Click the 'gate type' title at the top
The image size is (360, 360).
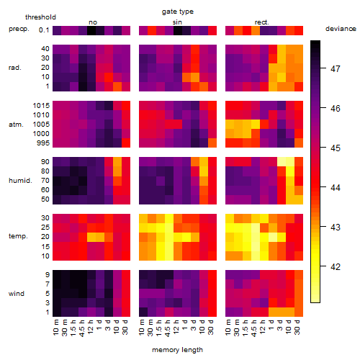tap(178, 12)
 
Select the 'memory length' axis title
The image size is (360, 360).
tap(177, 350)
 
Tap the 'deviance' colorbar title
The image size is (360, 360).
tap(341, 29)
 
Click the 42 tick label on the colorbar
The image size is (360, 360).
tap(336, 266)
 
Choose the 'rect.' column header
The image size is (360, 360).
tap(262, 22)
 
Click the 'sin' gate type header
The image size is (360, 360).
tap(177, 22)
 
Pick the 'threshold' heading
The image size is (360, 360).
tap(40, 17)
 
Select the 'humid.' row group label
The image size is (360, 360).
tap(20, 181)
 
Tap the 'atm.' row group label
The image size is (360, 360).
tap(16, 125)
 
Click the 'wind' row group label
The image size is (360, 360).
tap(17, 294)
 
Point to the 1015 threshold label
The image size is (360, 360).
tap(41, 106)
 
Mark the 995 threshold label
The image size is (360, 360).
tap(43, 143)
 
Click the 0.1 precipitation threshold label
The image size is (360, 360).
tap(44, 30)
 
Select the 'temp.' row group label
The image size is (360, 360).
tap(18, 236)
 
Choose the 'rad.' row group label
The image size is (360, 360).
tap(15, 68)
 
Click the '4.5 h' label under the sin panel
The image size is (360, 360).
tap(168, 328)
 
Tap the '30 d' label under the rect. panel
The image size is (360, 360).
tap(297, 327)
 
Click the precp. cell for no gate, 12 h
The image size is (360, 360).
tap(91, 30)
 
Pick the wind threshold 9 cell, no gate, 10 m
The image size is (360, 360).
tap(57, 274)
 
